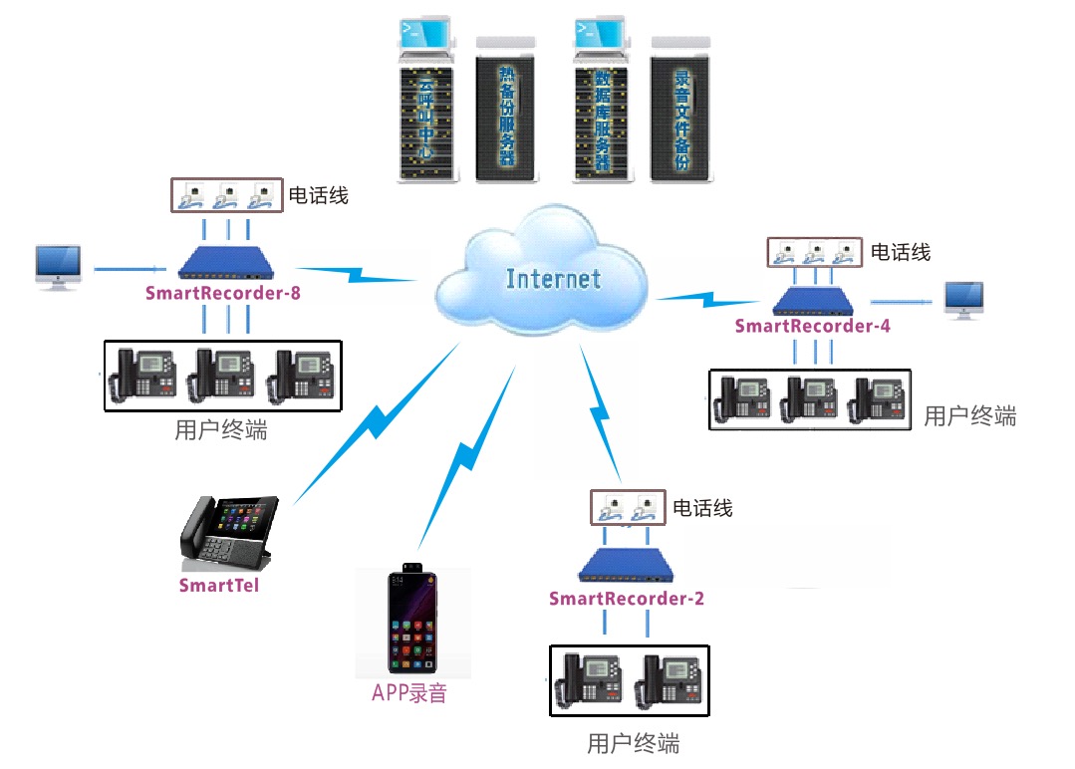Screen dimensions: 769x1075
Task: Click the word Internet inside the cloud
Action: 553,278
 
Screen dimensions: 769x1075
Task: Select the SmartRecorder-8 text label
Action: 222,294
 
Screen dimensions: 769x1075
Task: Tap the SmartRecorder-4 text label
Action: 812,326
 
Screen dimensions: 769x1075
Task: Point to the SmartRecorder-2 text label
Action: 627,599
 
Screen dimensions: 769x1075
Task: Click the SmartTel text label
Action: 219,586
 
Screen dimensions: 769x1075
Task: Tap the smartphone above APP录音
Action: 411,621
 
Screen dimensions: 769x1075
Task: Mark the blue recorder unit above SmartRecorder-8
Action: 225,263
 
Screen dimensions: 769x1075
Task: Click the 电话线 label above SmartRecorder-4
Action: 901,253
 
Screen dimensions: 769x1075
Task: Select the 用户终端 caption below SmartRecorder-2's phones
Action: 634,743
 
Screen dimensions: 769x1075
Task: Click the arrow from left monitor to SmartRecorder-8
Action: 130,268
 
